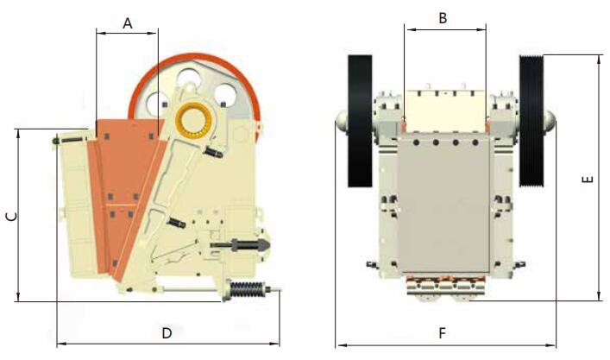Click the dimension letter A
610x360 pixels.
127,23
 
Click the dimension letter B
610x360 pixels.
443,18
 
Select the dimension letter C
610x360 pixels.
12,217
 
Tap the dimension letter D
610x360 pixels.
167,333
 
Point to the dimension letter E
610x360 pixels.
588,180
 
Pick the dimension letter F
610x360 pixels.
442,333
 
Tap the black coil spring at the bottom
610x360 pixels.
247,290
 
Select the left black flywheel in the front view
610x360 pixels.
360,121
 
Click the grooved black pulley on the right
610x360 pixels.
531,121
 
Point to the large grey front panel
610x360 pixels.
443,205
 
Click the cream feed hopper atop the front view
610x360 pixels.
445,111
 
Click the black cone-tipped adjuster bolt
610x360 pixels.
241,245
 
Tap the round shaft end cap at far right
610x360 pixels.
550,121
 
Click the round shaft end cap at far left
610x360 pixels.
341,121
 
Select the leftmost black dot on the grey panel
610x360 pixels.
417,142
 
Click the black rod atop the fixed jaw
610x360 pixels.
69,140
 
